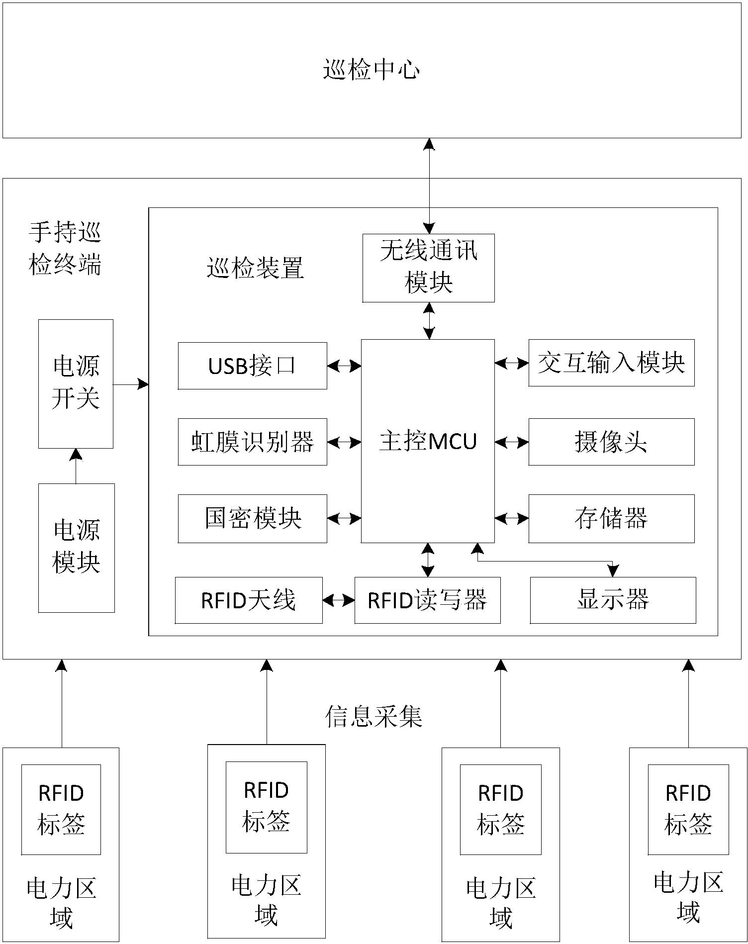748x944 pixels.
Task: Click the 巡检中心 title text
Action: click(372, 69)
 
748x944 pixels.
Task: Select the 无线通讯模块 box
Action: click(428, 268)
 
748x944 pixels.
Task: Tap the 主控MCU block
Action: click(428, 441)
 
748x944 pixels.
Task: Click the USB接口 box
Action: click(252, 366)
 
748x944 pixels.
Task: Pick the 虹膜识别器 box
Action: click(252, 442)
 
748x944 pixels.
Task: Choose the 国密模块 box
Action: click(252, 518)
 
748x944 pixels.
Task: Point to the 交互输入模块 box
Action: click(611, 363)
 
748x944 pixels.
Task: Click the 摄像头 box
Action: click(611, 442)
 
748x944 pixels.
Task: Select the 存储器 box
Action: click(611, 518)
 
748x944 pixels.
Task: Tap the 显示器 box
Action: click(613, 600)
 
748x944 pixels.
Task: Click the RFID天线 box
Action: click(249, 600)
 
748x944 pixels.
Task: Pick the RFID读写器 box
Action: click(427, 600)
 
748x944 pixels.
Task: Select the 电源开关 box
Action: click(76, 383)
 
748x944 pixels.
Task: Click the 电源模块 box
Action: click(77, 548)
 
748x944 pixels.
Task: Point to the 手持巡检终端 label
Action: click(65, 249)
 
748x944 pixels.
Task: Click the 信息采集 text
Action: click(374, 717)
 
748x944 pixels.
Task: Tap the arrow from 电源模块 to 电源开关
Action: click(76, 466)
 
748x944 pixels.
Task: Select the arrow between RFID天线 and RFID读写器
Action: click(339, 600)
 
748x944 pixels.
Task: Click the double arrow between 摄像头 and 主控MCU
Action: click(512, 442)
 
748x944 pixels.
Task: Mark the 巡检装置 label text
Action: click(255, 269)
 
